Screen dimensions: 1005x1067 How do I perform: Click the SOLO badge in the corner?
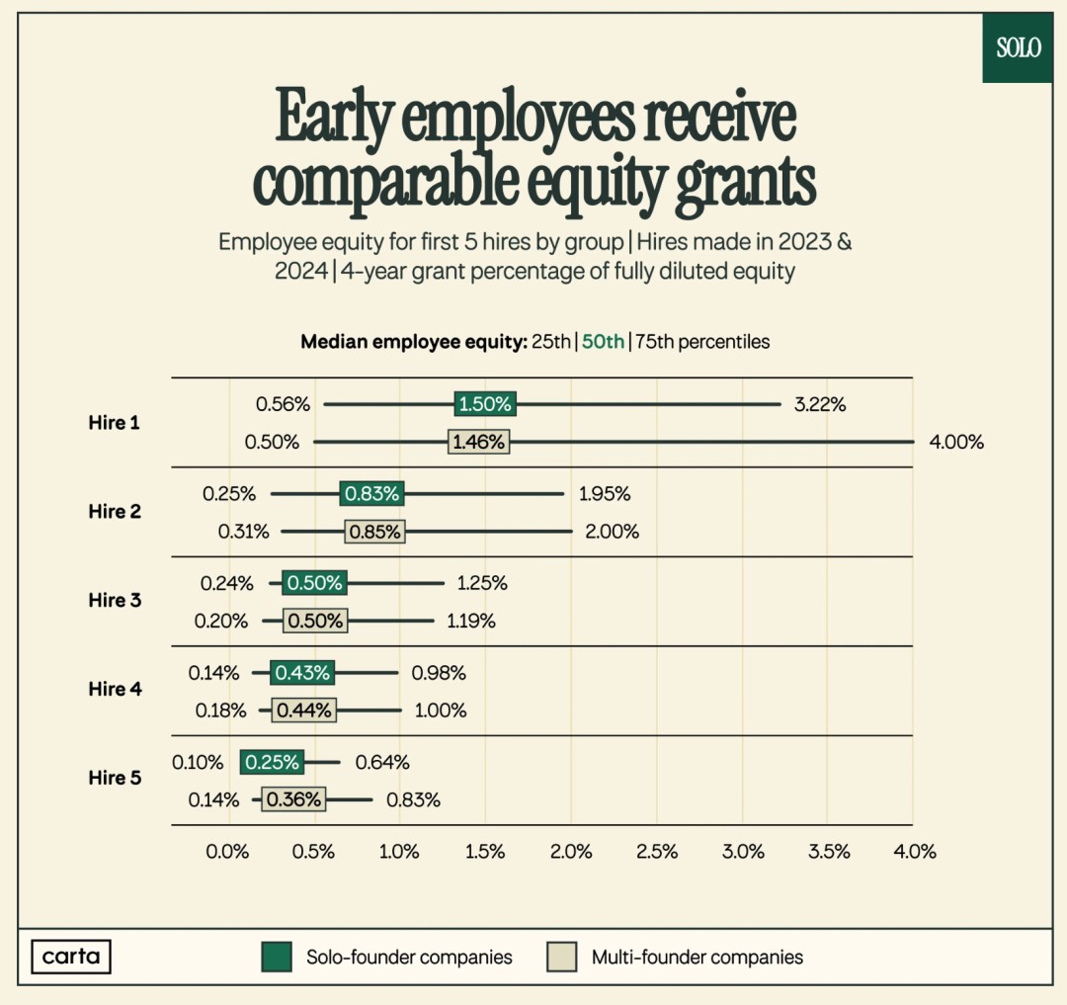(1017, 47)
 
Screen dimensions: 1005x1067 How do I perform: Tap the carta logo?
(71, 957)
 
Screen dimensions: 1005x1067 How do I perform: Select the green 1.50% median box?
(485, 403)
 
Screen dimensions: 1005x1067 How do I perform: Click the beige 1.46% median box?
(479, 442)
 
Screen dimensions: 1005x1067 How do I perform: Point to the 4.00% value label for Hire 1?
(956, 442)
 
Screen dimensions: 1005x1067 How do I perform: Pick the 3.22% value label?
(820, 403)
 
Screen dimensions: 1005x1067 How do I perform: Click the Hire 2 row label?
(115, 512)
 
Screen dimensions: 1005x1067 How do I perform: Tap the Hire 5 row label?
(115, 778)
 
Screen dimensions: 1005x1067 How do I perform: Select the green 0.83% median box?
(371, 493)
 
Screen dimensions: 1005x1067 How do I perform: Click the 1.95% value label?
(605, 493)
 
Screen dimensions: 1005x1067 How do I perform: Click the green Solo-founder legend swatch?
(277, 957)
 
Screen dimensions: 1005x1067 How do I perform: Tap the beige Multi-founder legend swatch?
(561, 957)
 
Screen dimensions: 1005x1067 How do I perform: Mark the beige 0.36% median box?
(293, 799)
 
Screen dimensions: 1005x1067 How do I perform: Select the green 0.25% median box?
(272, 762)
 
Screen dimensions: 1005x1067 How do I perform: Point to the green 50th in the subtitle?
(603, 342)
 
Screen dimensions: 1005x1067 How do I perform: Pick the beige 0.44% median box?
(304, 711)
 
